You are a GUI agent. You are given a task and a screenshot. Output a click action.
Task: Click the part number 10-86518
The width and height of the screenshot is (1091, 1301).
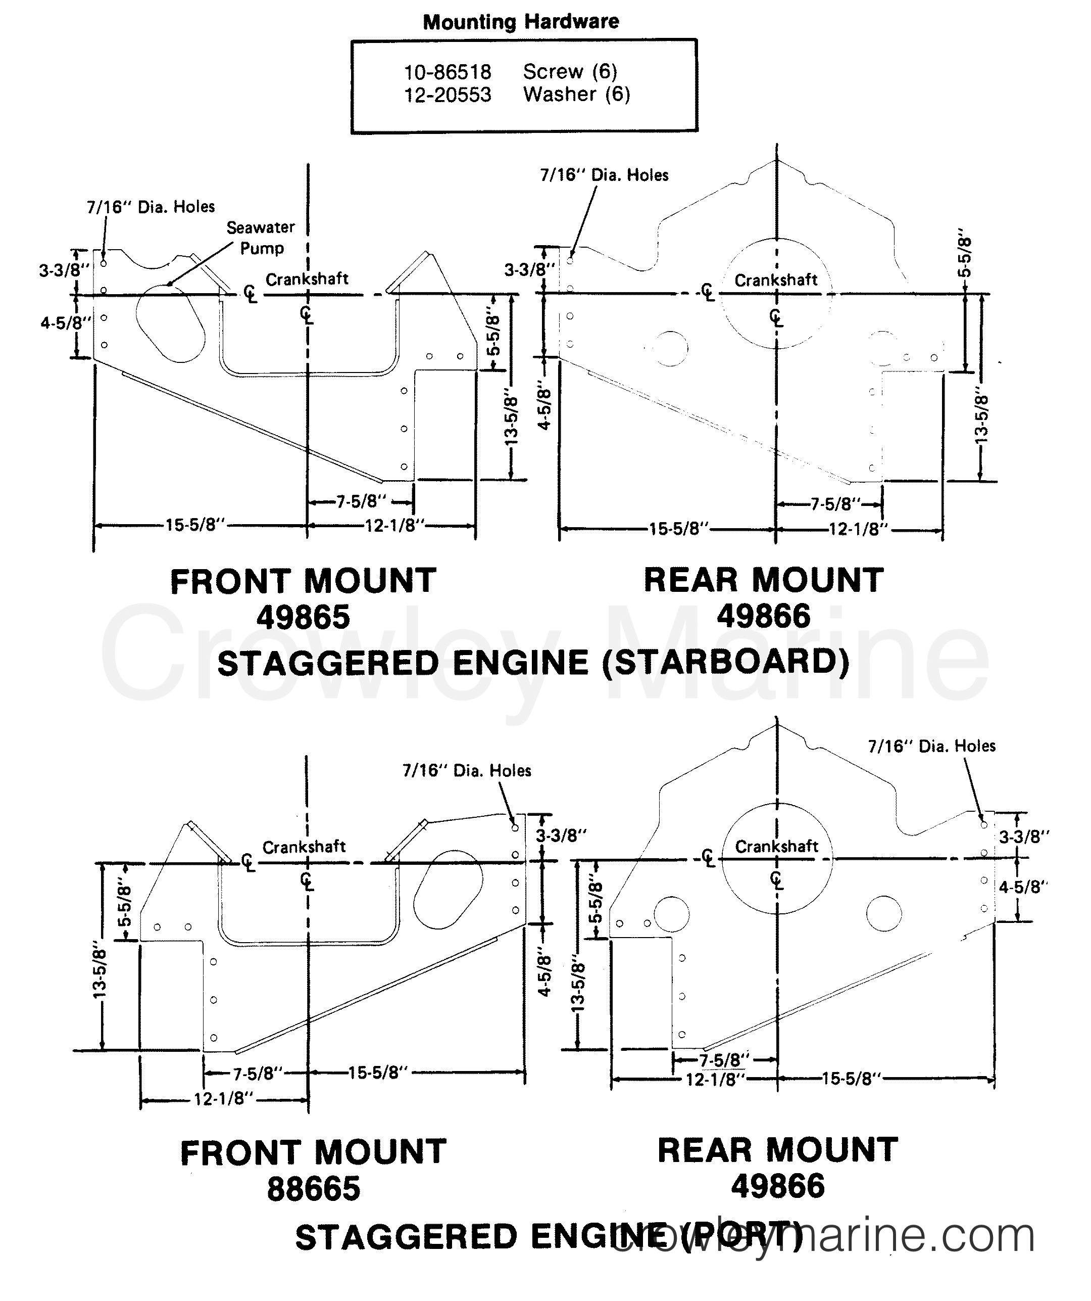tap(447, 72)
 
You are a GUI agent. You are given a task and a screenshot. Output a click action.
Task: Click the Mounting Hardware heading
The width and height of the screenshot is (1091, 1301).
tap(521, 22)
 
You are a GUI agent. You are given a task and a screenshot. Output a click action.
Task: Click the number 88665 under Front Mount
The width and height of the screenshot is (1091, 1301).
tap(313, 1189)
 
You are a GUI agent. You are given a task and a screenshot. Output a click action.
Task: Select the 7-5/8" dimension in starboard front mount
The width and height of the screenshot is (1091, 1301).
tap(361, 501)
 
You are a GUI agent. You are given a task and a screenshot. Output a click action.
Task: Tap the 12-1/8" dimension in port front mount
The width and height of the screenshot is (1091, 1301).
tap(224, 1098)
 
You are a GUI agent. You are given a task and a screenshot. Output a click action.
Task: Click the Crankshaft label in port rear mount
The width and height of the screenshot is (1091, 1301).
tap(776, 846)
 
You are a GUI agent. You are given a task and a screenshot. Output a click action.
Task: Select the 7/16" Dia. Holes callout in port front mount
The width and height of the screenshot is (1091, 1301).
tap(467, 771)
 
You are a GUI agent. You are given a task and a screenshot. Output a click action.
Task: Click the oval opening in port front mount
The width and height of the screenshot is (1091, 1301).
tap(447, 890)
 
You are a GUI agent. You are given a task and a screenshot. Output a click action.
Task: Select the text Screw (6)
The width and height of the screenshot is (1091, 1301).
tap(570, 72)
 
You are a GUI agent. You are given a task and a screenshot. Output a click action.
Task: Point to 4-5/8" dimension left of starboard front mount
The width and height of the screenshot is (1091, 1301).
tap(65, 323)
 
